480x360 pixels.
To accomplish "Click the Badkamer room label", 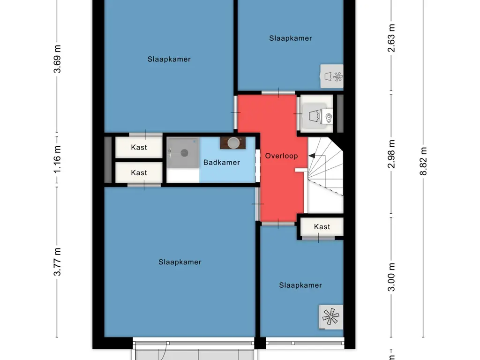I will pos(221,163).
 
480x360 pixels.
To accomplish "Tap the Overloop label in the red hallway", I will pos(281,156).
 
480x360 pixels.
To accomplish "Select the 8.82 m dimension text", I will pos(424,161).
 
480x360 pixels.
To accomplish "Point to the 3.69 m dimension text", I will pos(57,59).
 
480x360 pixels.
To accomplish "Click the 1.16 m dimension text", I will pos(57,159).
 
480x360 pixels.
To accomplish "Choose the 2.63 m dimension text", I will pos(392,38).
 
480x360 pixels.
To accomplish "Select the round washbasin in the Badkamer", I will pos(233,142).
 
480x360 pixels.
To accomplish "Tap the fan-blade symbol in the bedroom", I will pos(331,317).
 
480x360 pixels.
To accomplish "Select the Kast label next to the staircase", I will pos(322,227).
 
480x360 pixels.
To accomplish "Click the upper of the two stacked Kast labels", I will pos(139,147).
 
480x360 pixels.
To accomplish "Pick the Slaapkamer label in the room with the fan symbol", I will pos(300,285).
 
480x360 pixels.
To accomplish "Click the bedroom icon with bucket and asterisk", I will pos(332,75).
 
